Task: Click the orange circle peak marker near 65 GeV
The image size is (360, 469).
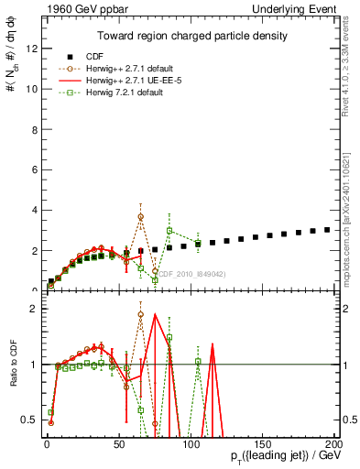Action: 140,217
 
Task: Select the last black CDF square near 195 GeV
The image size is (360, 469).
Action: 327,230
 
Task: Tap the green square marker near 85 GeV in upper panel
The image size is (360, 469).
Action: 169,231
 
